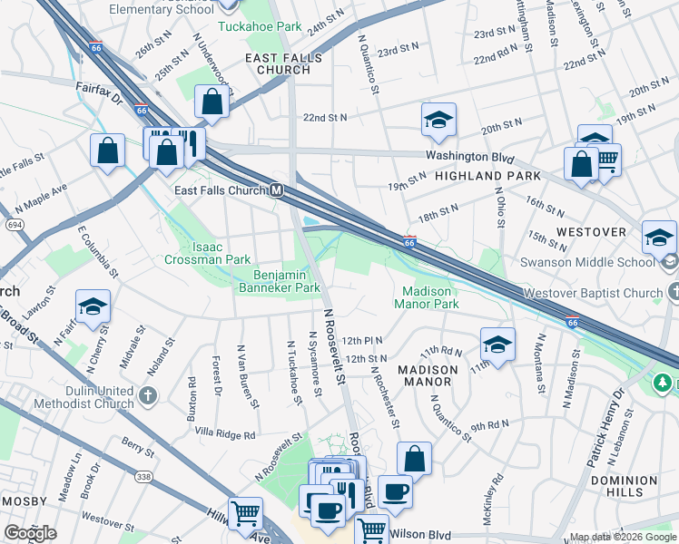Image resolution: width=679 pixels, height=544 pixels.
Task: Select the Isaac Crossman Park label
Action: (207, 253)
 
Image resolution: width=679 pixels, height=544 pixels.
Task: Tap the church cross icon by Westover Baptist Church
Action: (671, 293)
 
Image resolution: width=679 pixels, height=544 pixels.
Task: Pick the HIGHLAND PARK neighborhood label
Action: (488, 176)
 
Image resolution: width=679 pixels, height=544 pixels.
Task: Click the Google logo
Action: (30, 533)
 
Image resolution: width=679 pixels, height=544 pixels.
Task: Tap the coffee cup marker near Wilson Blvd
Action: (394, 492)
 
